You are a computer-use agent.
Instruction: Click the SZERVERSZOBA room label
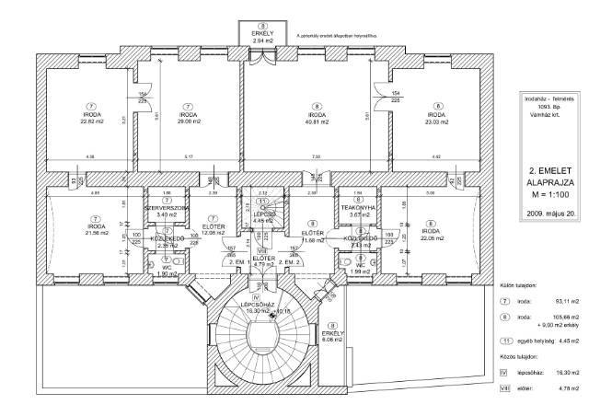pyautogui.click(x=167, y=209)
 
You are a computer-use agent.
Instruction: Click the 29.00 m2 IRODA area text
pyautogui.click(x=186, y=121)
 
